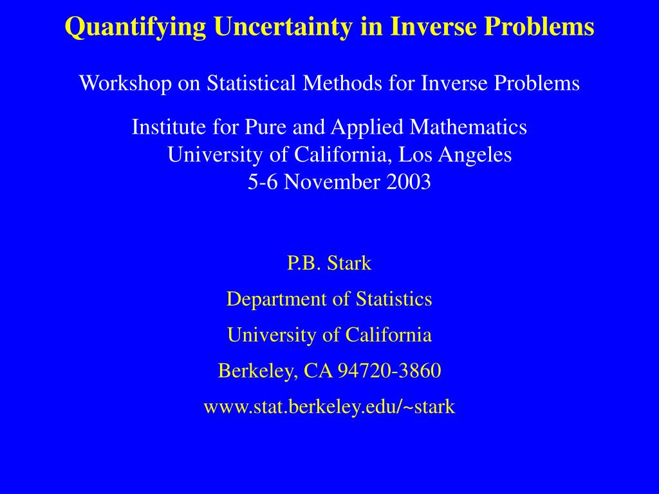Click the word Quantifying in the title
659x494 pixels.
[x=136, y=27]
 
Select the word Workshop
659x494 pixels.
[x=125, y=83]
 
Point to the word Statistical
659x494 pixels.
[x=251, y=82]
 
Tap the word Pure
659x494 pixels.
[x=265, y=127]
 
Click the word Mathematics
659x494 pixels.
[x=469, y=127]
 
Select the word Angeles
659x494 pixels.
[x=476, y=156]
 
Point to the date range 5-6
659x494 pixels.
[x=263, y=182]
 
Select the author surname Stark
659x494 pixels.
[x=349, y=263]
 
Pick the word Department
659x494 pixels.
[x=276, y=300]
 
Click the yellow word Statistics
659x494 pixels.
[x=394, y=299]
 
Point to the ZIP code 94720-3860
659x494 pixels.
[x=389, y=370]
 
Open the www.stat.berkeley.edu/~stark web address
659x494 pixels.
[x=329, y=407]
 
